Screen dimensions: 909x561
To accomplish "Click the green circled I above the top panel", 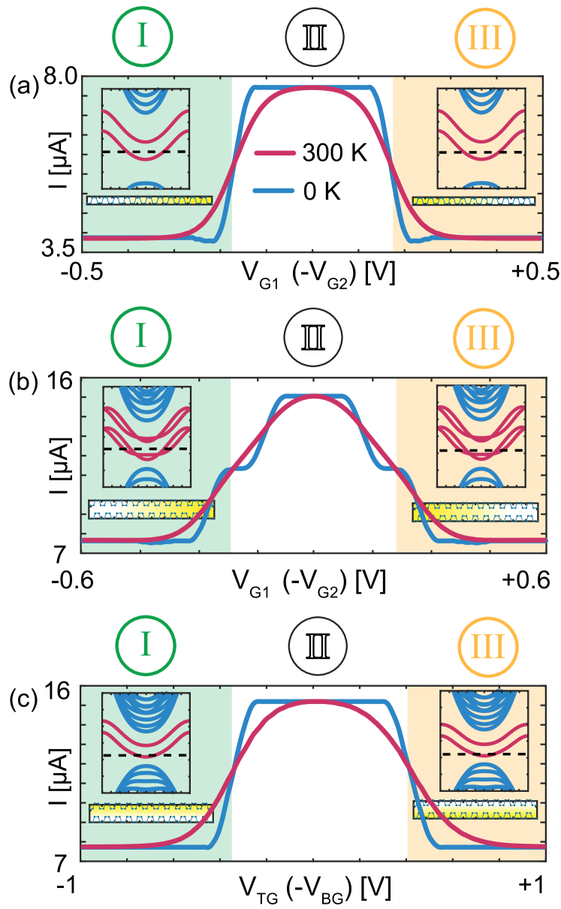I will pyautogui.click(x=143, y=37).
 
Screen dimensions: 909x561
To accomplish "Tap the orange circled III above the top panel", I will pyautogui.click(x=485, y=38).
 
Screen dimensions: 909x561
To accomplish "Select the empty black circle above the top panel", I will pyautogui.click(x=315, y=37).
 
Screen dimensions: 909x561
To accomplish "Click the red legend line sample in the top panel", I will pyautogui.click(x=274, y=153).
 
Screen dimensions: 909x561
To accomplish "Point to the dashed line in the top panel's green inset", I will pyautogui.click(x=146, y=152).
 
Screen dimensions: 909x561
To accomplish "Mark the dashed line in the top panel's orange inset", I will pyautogui.click(x=481, y=152).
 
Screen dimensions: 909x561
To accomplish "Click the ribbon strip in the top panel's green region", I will pyautogui.click(x=149, y=200).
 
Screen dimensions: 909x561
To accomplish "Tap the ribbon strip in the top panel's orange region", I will pyautogui.click(x=473, y=201).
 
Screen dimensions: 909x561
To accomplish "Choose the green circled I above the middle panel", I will pyautogui.click(x=141, y=337).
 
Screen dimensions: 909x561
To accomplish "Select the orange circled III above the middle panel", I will pyautogui.click(x=484, y=339).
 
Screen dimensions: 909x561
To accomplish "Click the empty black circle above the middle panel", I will pyautogui.click(x=313, y=337).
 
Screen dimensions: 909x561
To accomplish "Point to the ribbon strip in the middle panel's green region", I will pyautogui.click(x=151, y=509).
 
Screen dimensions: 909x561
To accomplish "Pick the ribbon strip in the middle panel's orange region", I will pyautogui.click(x=475, y=512).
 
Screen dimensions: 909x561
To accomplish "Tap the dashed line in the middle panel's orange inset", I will pyautogui.click(x=481, y=450).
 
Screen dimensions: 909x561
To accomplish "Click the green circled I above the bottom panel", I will pyautogui.click(x=146, y=645).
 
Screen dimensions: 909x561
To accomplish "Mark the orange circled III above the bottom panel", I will pyautogui.click(x=487, y=646).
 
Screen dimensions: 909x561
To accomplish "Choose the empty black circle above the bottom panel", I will pyautogui.click(x=318, y=646).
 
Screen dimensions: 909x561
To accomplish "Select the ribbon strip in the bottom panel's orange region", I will pyautogui.click(x=475, y=809).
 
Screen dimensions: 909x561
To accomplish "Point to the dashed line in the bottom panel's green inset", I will pyautogui.click(x=146, y=755).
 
